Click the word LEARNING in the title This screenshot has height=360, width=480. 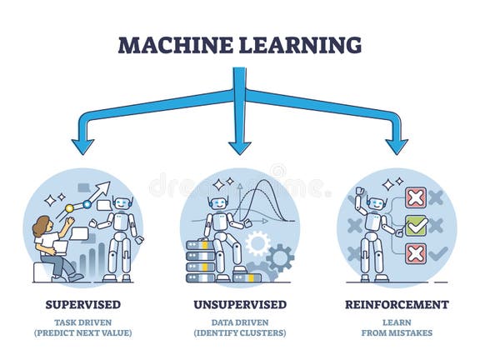(301, 44)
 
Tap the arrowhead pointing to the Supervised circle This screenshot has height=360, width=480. (82, 146)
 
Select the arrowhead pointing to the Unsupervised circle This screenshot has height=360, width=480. (240, 146)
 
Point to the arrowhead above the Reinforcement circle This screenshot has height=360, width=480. (397, 146)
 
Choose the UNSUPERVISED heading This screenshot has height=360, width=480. (239, 304)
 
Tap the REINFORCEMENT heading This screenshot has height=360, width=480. (397, 304)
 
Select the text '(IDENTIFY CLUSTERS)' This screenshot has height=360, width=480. (239, 333)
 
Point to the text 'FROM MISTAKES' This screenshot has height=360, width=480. (397, 333)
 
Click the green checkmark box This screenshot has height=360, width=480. (416, 225)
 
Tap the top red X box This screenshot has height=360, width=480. (415, 197)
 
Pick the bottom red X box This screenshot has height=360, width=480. (416, 252)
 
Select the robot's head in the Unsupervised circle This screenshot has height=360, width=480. (219, 202)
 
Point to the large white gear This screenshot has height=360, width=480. (257, 242)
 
